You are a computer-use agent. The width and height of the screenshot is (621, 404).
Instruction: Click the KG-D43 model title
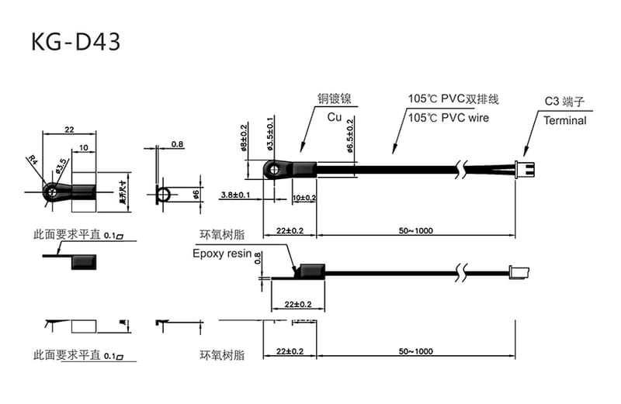[x=75, y=41]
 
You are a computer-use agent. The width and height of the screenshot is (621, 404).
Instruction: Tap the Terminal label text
[x=564, y=121]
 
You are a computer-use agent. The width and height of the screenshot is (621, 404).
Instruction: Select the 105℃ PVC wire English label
[x=449, y=118]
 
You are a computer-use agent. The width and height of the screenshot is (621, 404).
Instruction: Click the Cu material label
[x=334, y=117]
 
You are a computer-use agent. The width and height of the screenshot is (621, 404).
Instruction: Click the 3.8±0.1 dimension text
[x=235, y=195]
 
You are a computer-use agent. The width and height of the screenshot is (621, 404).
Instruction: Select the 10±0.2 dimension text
[x=304, y=198]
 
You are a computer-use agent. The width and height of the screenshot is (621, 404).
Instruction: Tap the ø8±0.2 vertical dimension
[x=245, y=137]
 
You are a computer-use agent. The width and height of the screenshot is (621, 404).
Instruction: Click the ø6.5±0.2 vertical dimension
[x=351, y=136]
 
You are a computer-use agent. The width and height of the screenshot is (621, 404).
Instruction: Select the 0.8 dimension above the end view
[x=177, y=144]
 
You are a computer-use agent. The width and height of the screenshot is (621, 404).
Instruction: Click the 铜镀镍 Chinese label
[x=335, y=99]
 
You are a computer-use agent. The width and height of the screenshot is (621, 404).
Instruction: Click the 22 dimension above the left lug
[x=68, y=129]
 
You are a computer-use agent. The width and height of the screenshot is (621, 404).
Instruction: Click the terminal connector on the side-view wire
[x=519, y=271]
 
